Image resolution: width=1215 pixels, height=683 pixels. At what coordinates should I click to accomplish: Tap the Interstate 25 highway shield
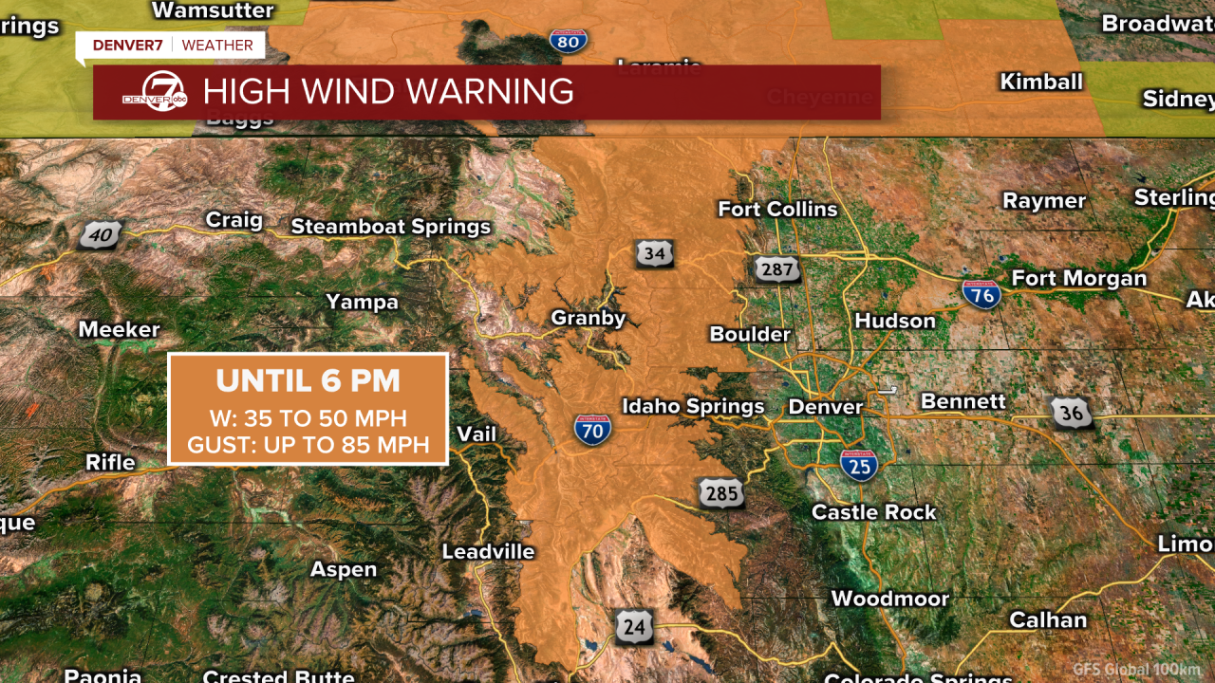tap(858, 466)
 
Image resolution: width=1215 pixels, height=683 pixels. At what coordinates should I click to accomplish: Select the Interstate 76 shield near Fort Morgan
tap(981, 294)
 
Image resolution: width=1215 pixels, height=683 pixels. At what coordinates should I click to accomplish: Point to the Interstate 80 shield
tap(568, 40)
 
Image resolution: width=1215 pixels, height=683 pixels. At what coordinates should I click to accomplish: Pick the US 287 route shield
tap(777, 270)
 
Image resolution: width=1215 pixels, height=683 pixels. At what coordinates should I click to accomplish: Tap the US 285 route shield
tap(720, 493)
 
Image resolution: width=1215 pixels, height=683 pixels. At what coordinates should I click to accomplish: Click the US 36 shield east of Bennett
tap(1070, 413)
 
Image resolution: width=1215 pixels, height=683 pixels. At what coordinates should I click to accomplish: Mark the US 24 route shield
tap(633, 627)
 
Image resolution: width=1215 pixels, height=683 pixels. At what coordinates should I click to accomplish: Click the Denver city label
tap(826, 407)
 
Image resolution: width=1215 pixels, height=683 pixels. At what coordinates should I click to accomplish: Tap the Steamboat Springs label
tap(390, 227)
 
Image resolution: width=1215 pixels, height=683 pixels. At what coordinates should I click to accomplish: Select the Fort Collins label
tap(777, 209)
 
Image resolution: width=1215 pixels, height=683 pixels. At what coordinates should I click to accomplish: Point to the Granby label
tap(589, 319)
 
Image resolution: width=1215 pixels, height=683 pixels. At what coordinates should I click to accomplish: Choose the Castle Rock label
tap(873, 512)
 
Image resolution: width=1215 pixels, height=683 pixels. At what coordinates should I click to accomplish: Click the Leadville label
tap(489, 551)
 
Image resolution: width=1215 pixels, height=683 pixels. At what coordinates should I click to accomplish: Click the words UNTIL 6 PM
tap(308, 381)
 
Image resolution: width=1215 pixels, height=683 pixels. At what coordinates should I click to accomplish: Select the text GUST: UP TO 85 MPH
tap(308, 444)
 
